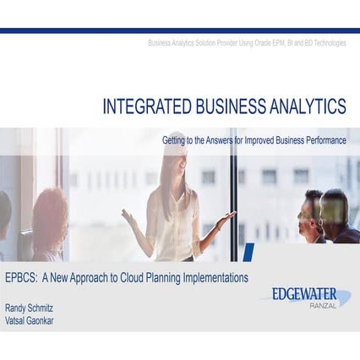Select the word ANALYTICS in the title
(301, 106)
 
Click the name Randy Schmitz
(30, 309)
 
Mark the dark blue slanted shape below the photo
(247, 252)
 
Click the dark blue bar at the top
(180, 30)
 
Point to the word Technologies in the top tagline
(326, 42)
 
